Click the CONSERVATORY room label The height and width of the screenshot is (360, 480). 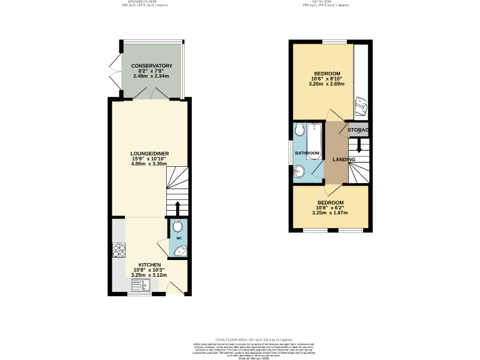click(151, 66)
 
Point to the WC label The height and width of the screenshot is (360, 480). click(178, 238)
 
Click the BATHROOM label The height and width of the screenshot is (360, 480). click(307, 153)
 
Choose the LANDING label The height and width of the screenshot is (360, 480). click(344, 159)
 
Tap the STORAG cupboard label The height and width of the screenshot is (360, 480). click(359, 130)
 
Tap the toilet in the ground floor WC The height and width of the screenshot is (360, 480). click(178, 227)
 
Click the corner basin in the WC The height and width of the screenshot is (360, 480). click(179, 251)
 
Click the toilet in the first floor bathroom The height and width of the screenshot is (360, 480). click(299, 130)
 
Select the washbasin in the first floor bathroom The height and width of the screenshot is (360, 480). click(298, 171)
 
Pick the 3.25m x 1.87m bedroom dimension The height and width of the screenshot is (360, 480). click(329, 213)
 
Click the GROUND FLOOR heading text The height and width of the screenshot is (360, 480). click(142, 2)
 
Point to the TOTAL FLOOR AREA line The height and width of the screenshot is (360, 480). click(240, 337)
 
